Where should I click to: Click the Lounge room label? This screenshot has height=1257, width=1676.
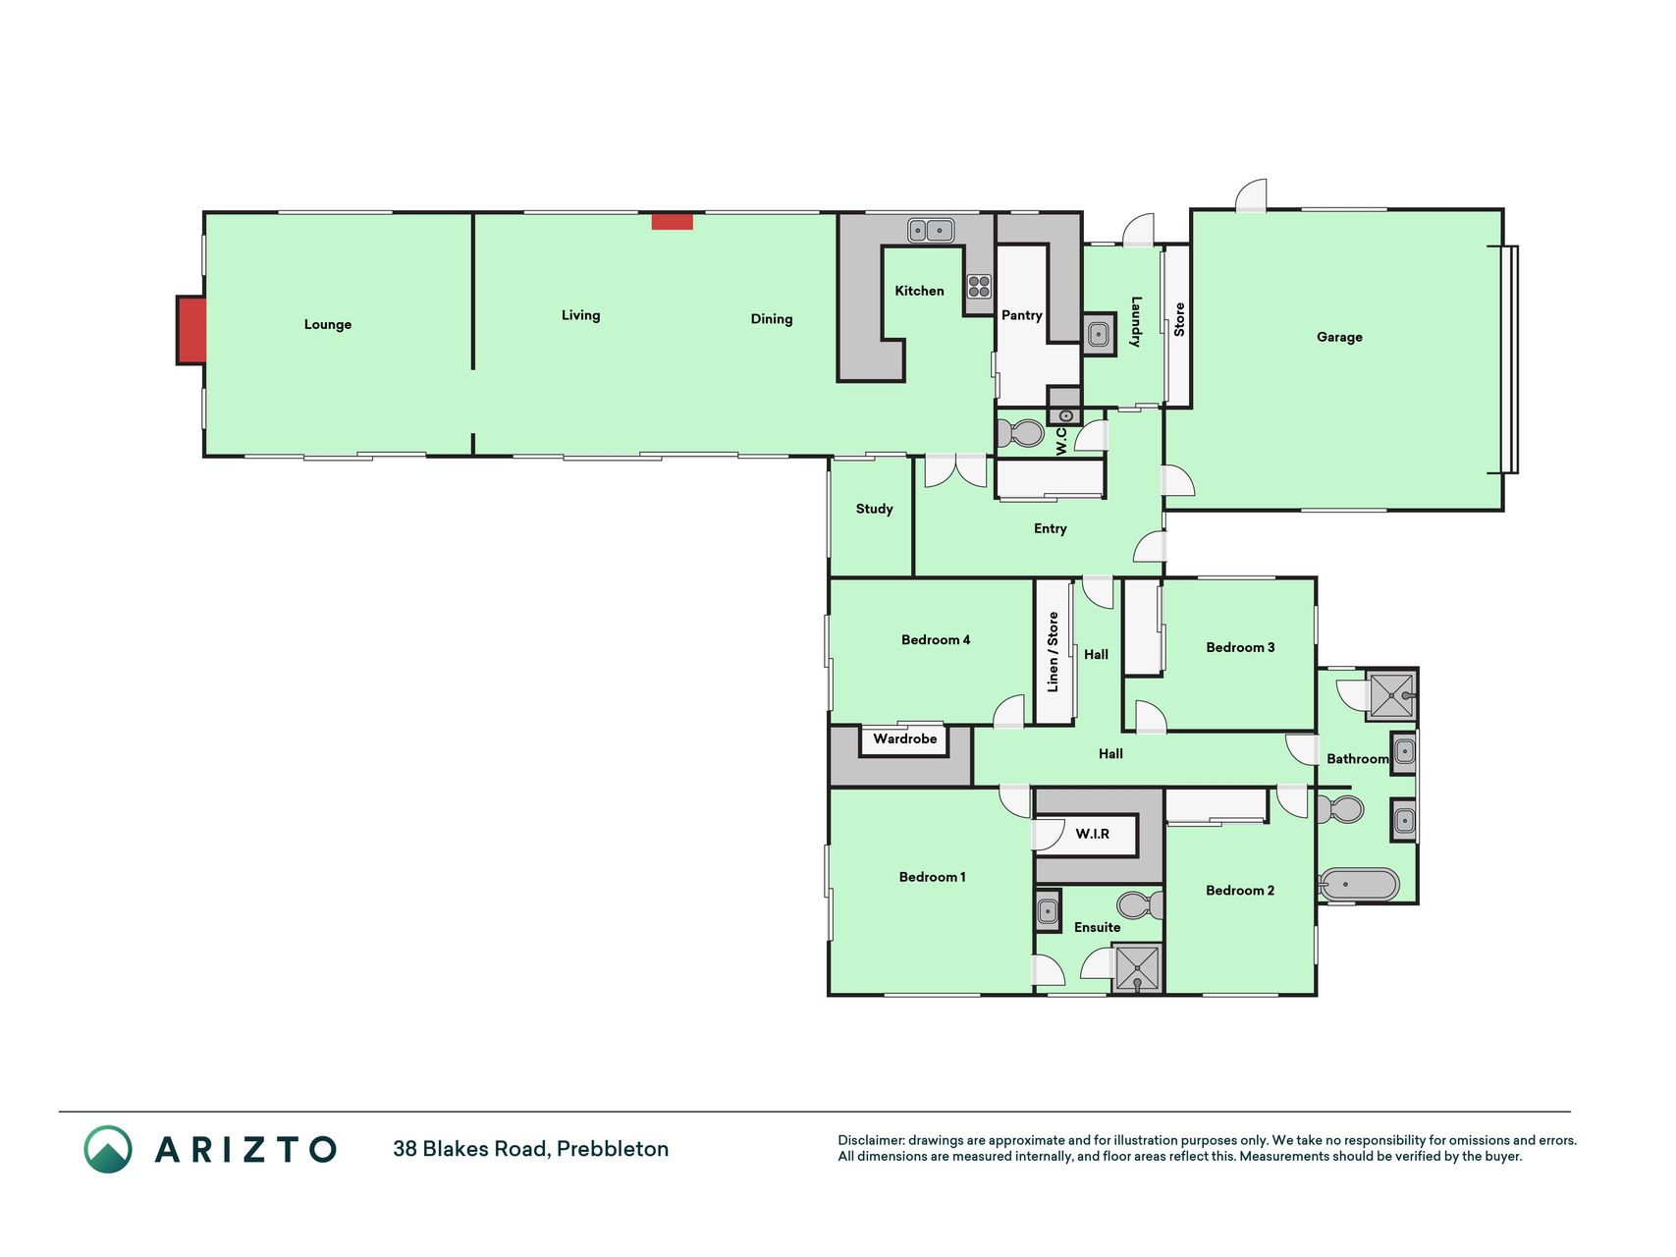[x=327, y=324]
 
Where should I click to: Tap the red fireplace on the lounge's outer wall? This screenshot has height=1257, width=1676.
[x=191, y=330]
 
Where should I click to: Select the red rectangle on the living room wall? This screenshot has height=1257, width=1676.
[x=673, y=221]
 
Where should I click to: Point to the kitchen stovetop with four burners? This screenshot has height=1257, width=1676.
[x=979, y=286]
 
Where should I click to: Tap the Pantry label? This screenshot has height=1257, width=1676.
[x=1021, y=315]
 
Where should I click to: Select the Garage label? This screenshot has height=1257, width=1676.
[x=1339, y=337]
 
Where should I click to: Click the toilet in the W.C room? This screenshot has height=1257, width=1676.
[x=1020, y=433]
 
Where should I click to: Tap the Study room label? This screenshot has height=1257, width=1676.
[x=874, y=509]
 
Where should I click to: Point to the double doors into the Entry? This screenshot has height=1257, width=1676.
[x=955, y=470]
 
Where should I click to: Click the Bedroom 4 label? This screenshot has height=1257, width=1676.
[x=936, y=639]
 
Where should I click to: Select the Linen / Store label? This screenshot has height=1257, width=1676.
[x=1053, y=652]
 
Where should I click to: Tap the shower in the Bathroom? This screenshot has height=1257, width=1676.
[x=1391, y=695]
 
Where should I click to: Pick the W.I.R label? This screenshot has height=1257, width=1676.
[x=1092, y=834]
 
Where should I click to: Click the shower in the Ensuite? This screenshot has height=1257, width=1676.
[x=1137, y=968]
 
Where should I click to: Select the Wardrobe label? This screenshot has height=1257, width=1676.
[x=904, y=738]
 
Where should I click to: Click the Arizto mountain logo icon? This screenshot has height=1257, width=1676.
[x=108, y=1149]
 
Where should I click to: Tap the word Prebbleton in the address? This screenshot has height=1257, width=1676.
[x=613, y=1149]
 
